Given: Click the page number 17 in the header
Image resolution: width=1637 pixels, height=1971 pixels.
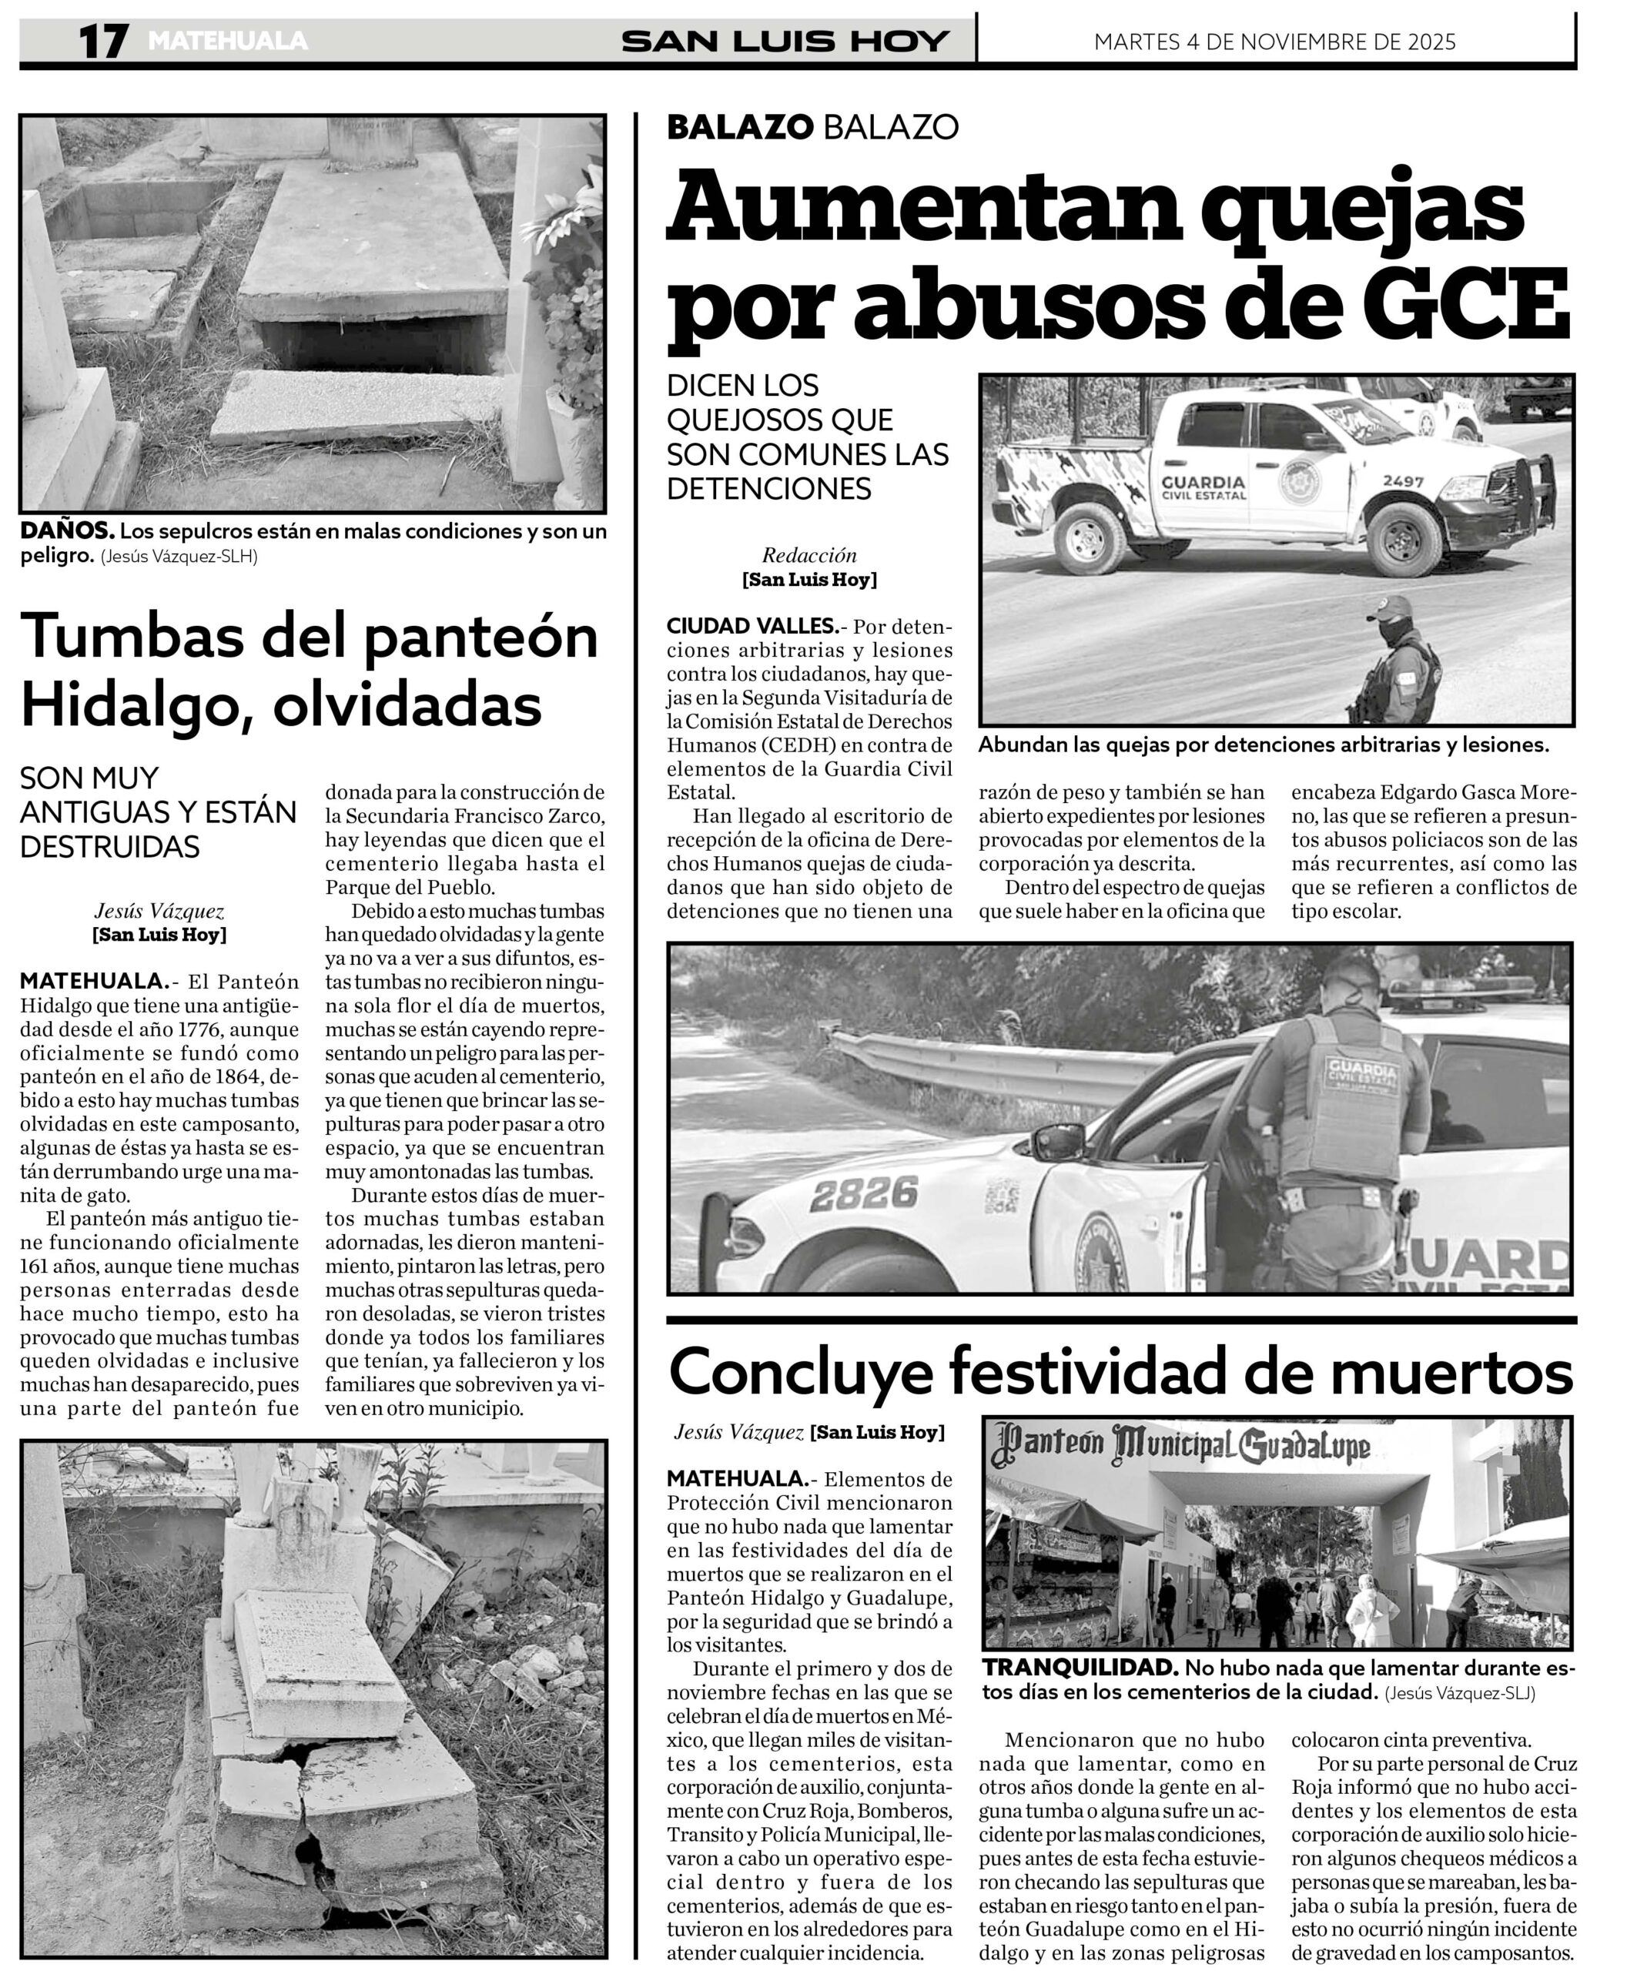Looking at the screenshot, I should [102, 42].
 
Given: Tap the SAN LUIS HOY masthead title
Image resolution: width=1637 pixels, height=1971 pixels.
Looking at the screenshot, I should [785, 42].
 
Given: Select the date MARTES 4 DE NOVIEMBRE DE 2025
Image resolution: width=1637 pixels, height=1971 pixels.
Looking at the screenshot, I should [1274, 42].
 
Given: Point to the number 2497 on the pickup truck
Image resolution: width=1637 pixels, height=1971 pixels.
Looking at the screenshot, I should [1402, 481].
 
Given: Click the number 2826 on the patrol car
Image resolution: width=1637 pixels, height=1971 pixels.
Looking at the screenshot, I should [864, 1195].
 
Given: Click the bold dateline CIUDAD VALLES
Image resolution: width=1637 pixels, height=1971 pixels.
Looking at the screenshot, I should [752, 626].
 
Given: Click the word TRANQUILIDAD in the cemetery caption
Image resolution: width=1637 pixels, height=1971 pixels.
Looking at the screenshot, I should [1080, 1668].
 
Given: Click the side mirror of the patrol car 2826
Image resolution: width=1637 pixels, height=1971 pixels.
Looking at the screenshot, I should [1058, 1143].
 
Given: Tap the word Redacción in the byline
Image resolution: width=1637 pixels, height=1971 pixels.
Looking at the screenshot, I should [809, 554].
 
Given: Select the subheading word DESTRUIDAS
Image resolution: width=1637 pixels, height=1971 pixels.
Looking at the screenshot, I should [110, 847].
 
